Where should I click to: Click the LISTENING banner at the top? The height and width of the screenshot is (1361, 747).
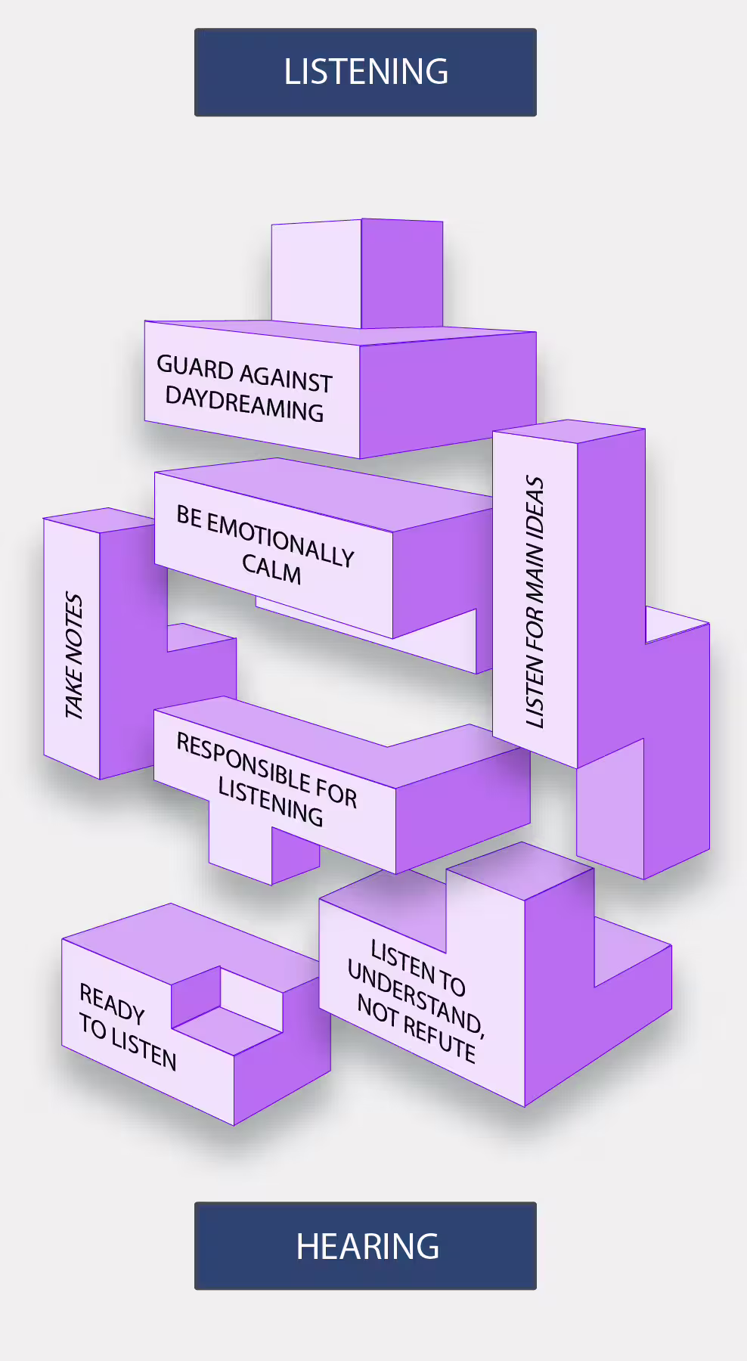[x=365, y=72]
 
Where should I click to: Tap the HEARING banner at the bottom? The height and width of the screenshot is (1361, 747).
[x=365, y=1245]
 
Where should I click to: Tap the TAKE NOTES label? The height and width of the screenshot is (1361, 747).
[x=73, y=655]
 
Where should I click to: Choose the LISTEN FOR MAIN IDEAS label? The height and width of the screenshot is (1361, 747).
[x=535, y=602]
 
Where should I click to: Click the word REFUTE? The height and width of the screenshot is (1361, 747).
[x=439, y=1037]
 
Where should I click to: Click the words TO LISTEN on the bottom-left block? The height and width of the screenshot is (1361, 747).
[x=128, y=1042]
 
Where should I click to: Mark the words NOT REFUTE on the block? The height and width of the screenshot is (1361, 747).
[x=416, y=1028]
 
